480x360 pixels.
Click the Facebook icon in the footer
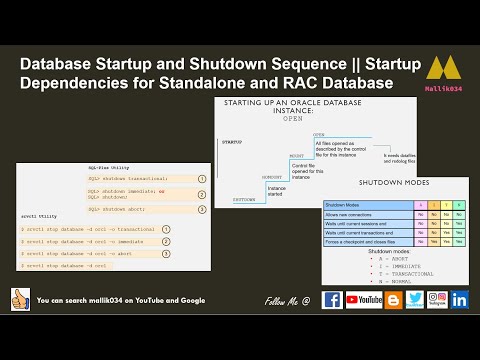pos(332,299)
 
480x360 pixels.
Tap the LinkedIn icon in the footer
pos(460,299)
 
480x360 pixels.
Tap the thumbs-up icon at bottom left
pos(19,299)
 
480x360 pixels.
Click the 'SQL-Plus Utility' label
pos(106,168)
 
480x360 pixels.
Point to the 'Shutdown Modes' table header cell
pos(344,206)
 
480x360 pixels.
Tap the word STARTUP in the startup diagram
pos(231,142)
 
